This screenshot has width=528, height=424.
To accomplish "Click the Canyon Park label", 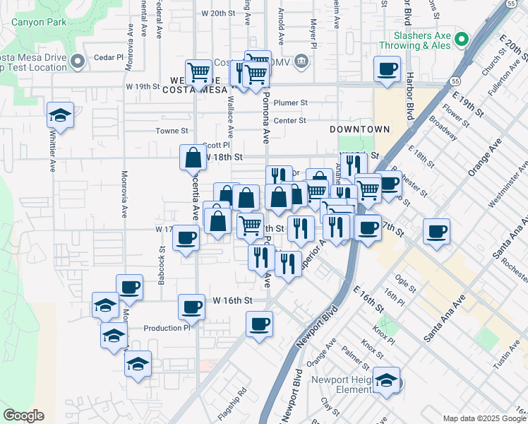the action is pyautogui.click(x=39, y=22).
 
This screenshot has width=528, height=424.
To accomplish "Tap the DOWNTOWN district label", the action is pyautogui.click(x=359, y=130).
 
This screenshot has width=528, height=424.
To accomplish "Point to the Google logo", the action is pyautogui.click(x=23, y=416).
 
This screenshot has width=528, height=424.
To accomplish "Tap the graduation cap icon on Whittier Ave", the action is pyautogui.click(x=61, y=115).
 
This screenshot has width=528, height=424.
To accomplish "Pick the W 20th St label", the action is pyautogui.click(x=217, y=13).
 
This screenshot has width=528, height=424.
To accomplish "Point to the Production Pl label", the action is pyautogui.click(x=167, y=328).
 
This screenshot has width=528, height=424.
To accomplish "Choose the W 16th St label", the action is pyautogui.click(x=232, y=301).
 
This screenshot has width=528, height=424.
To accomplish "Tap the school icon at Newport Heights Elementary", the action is pyautogui.click(x=386, y=381).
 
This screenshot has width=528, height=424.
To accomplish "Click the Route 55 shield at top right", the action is pyautogui.click(x=510, y=4).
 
